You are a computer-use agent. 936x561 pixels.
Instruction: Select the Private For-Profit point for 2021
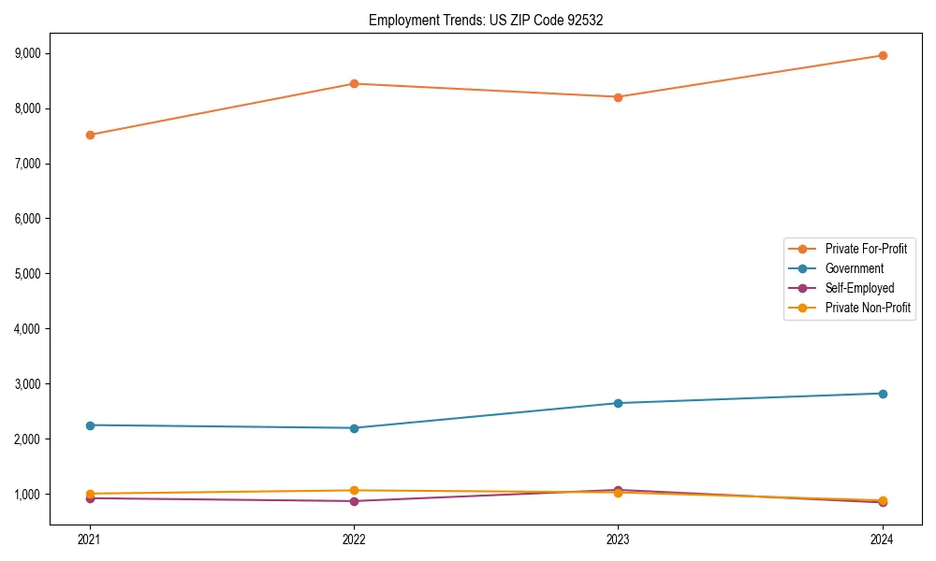click(90, 135)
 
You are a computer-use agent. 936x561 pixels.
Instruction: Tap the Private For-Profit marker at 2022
click(354, 84)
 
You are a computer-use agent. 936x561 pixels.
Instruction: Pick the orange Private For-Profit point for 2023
click(618, 97)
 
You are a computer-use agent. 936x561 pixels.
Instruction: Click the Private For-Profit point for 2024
click(883, 56)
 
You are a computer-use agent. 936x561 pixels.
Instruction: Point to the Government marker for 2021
click(90, 425)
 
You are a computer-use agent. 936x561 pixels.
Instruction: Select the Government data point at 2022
click(354, 428)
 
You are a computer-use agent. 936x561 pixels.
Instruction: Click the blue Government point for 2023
click(618, 403)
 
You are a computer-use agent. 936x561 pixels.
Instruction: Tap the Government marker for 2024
click(883, 394)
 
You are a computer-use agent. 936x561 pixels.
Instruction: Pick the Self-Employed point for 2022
click(354, 501)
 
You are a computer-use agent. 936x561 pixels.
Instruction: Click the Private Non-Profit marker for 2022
click(354, 490)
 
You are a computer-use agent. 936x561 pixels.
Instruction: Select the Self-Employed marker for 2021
click(90, 498)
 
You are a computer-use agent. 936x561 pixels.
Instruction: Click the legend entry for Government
click(854, 268)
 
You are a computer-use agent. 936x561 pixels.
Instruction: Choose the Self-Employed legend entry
click(859, 288)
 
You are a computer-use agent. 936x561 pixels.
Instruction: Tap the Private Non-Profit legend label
click(868, 308)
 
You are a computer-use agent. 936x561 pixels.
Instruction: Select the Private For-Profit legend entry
click(866, 249)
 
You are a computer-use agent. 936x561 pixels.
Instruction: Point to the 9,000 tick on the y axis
click(29, 53)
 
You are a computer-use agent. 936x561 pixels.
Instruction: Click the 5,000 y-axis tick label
click(29, 274)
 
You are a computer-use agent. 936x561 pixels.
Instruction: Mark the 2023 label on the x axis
click(618, 539)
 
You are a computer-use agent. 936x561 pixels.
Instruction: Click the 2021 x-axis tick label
click(90, 539)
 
